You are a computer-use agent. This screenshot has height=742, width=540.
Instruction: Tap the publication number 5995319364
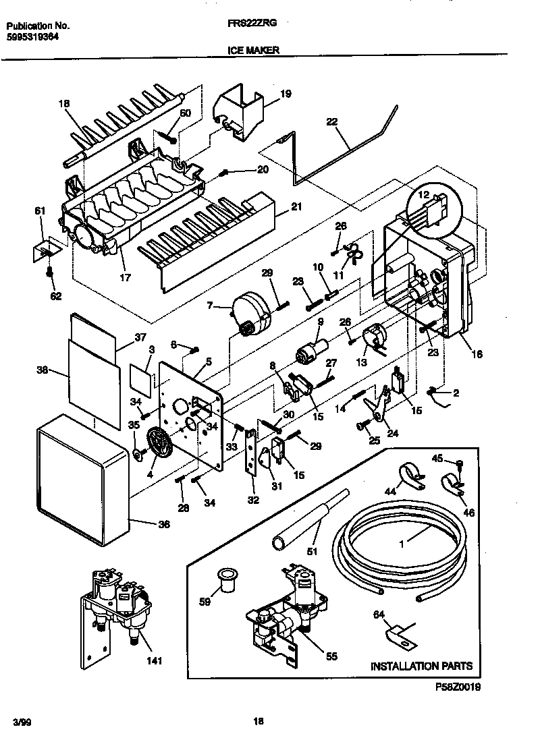[32, 38]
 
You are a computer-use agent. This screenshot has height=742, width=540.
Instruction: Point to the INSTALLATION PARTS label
[421, 666]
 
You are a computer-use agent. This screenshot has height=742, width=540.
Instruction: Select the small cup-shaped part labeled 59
[225, 579]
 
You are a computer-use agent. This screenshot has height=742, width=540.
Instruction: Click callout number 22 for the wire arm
[331, 123]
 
